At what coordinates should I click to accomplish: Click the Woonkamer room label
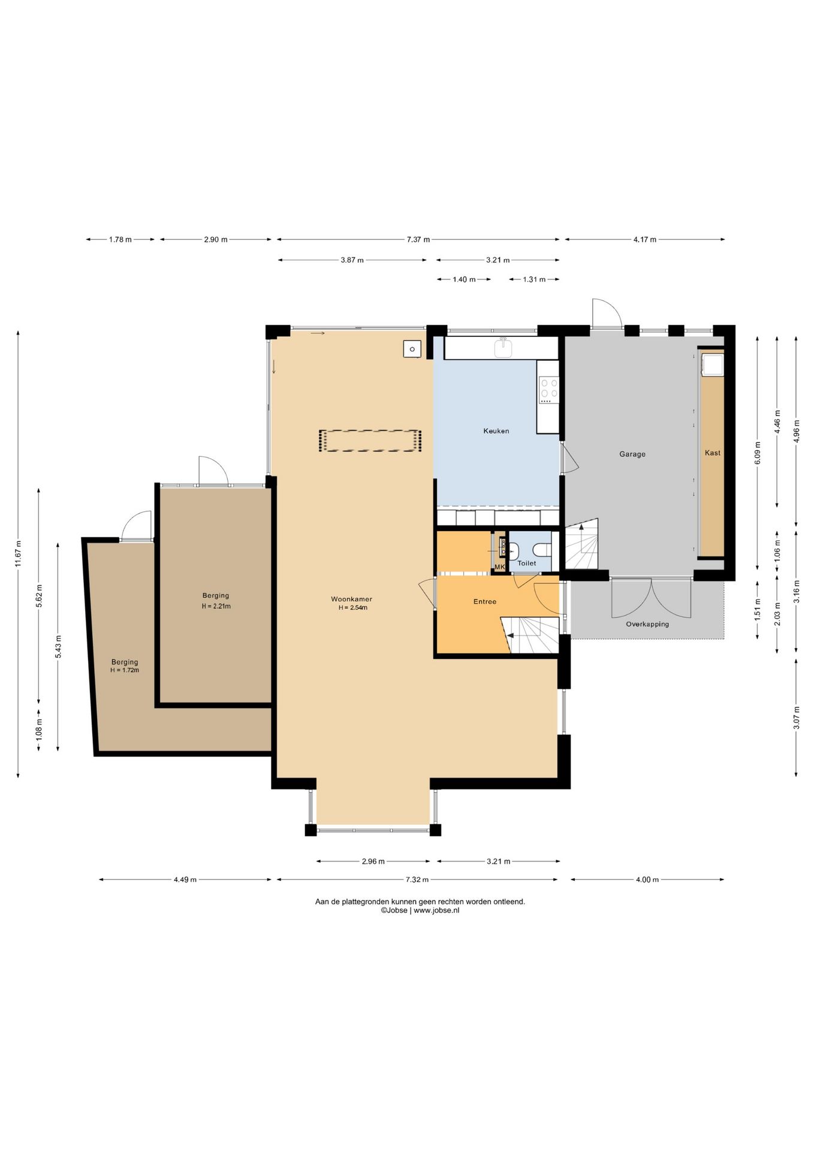click(x=351, y=599)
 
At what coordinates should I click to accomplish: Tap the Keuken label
click(x=496, y=431)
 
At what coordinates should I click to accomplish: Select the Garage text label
click(x=632, y=454)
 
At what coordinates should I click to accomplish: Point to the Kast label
click(x=713, y=453)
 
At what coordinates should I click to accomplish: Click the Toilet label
click(x=527, y=564)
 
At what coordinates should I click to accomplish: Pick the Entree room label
click(x=485, y=602)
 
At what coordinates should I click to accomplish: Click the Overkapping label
click(x=647, y=624)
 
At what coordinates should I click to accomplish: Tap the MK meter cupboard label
click(x=500, y=567)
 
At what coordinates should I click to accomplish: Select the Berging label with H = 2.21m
click(x=216, y=596)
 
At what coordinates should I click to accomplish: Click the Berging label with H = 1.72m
click(x=125, y=662)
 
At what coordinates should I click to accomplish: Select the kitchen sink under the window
click(x=504, y=348)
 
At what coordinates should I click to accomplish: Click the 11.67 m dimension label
click(x=18, y=554)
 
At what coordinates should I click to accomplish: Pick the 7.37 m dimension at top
click(x=418, y=240)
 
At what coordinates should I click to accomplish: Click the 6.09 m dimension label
click(x=758, y=453)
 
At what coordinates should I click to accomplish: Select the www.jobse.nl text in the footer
click(x=436, y=910)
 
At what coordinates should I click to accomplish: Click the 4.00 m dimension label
click(x=647, y=880)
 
